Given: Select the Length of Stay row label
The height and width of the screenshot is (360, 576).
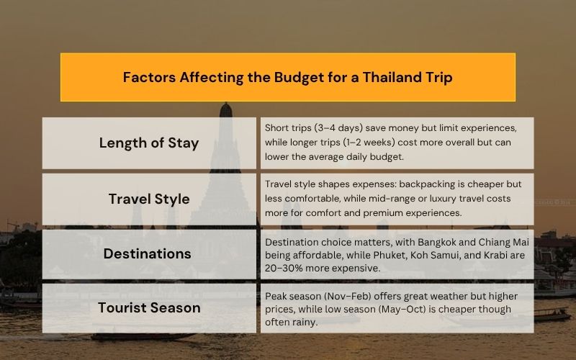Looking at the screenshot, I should click(x=149, y=143).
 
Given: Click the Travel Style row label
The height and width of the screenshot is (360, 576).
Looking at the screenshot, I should click(x=149, y=199).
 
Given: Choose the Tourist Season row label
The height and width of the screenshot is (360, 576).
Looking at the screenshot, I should click(x=149, y=308).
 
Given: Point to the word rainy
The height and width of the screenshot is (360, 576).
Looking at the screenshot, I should click(x=308, y=323).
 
